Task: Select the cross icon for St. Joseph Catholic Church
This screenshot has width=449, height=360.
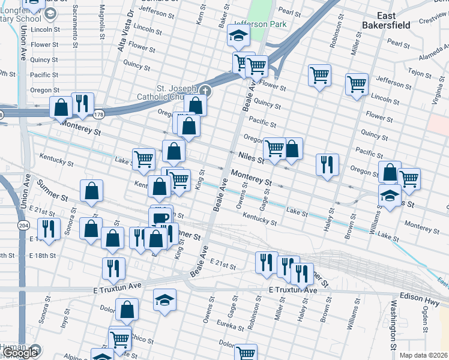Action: pyautogui.click(x=205, y=91)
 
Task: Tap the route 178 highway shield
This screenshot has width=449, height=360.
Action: pyautogui.click(x=98, y=113)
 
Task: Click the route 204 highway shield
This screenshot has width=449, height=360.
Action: pyautogui.click(x=23, y=226)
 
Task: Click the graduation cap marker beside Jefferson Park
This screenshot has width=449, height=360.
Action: pyautogui.click(x=238, y=37)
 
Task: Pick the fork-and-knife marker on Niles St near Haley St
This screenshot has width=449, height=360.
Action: pyautogui.click(x=327, y=164)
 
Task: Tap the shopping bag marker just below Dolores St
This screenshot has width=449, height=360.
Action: pyautogui.click(x=127, y=311)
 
